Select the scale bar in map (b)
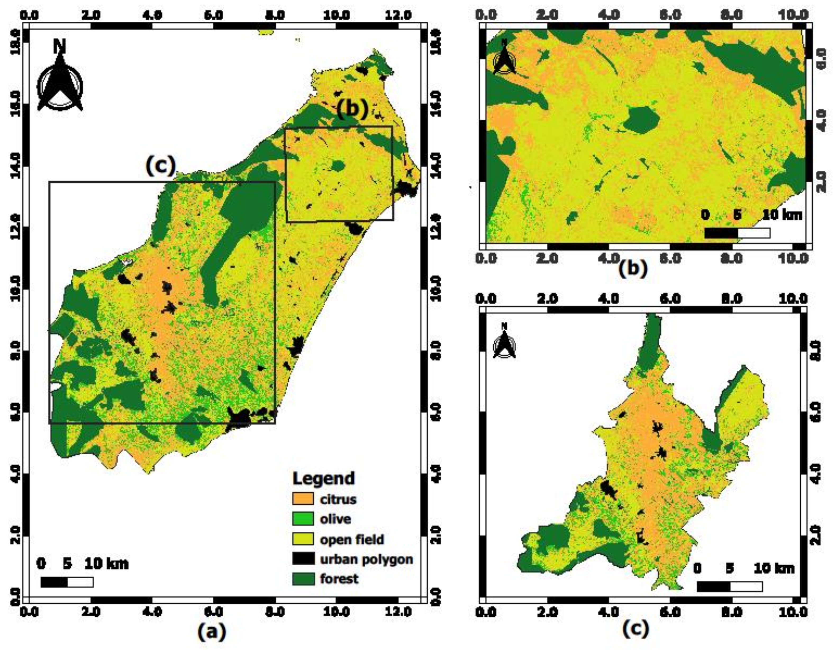(737, 233)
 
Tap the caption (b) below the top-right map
(633, 268)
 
